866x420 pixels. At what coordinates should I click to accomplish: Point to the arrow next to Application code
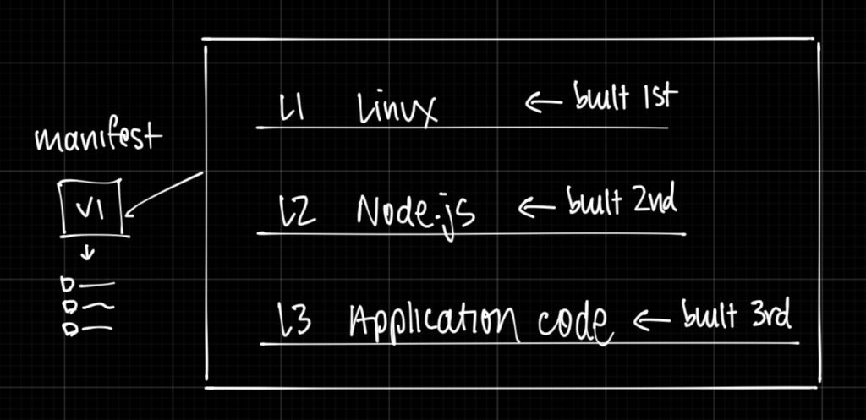[652, 319]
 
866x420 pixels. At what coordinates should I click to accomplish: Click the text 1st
[658, 97]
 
